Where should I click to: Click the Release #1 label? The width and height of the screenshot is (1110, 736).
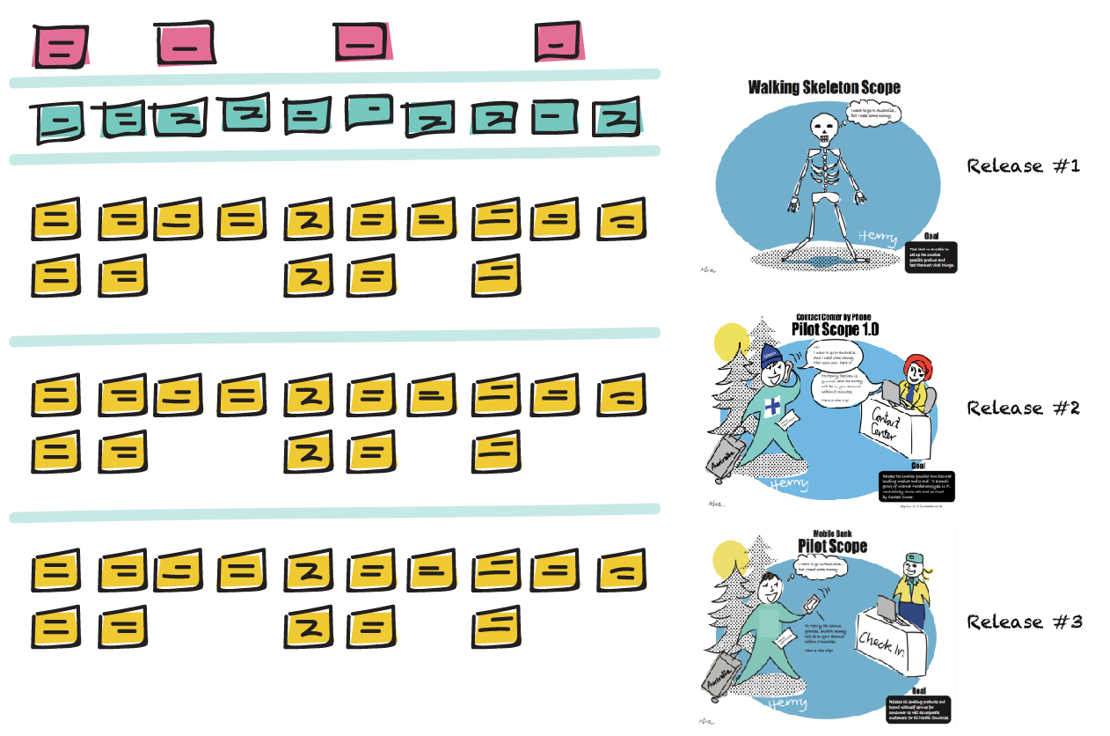tap(1023, 166)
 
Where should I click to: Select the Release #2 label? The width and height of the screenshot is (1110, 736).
tap(1023, 408)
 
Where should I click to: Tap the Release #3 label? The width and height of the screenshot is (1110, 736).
tap(1025, 622)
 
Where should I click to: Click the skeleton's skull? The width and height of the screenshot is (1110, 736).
tap(824, 129)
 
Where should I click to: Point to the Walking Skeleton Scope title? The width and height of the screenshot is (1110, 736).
tap(824, 87)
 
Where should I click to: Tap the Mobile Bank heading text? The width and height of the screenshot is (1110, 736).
tap(831, 533)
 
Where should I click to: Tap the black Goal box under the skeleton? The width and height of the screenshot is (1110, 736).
tap(931, 258)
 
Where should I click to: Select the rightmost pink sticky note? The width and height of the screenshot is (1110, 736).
tap(559, 41)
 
